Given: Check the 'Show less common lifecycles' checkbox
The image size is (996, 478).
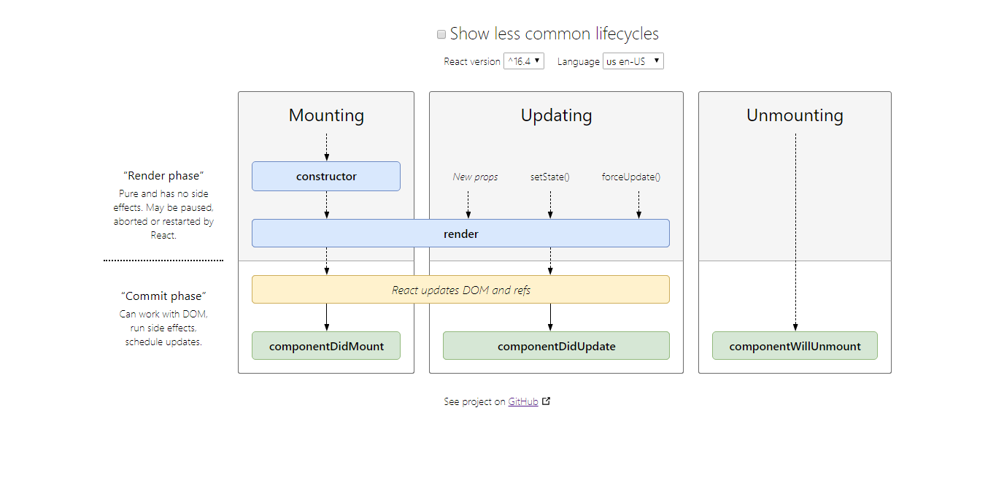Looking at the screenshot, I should click(441, 34).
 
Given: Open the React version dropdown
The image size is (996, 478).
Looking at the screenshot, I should click(524, 61).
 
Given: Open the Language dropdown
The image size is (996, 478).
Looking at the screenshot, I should click(633, 61).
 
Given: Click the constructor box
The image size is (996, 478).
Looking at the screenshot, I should click(326, 176).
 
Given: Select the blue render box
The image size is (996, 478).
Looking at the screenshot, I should click(460, 234).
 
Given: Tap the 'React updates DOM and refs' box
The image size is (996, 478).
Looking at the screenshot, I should click(460, 290).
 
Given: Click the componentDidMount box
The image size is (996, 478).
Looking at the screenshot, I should click(326, 346).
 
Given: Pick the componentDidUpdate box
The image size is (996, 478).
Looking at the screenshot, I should click(556, 346).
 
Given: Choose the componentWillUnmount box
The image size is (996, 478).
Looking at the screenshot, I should click(795, 346).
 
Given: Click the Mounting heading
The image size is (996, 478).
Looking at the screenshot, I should click(326, 115).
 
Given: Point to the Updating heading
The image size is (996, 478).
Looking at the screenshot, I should click(556, 115).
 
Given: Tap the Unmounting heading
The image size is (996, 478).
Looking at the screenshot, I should click(795, 115).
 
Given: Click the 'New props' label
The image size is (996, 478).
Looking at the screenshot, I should click(475, 177).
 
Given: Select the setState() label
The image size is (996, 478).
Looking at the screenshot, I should click(549, 177).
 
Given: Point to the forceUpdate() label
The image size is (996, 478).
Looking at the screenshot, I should click(631, 177).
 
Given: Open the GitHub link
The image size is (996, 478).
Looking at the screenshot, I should click(523, 401).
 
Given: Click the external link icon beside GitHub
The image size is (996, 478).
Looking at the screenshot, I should click(547, 401).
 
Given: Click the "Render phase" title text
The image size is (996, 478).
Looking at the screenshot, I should click(163, 176).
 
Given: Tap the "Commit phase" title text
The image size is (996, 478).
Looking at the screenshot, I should click(163, 296).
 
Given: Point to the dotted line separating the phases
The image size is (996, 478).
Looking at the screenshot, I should click(163, 260).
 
